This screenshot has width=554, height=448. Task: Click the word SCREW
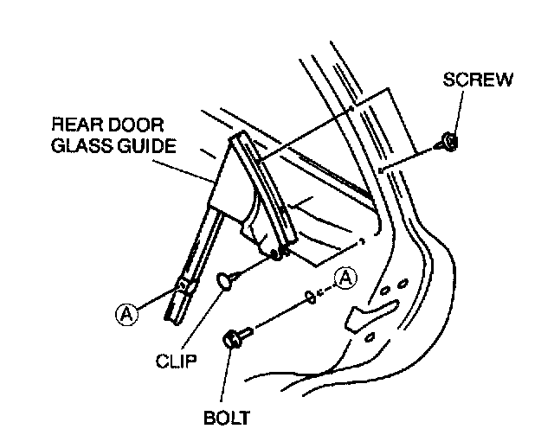coord(478,80)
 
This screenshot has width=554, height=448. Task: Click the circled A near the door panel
coord(345,278)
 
